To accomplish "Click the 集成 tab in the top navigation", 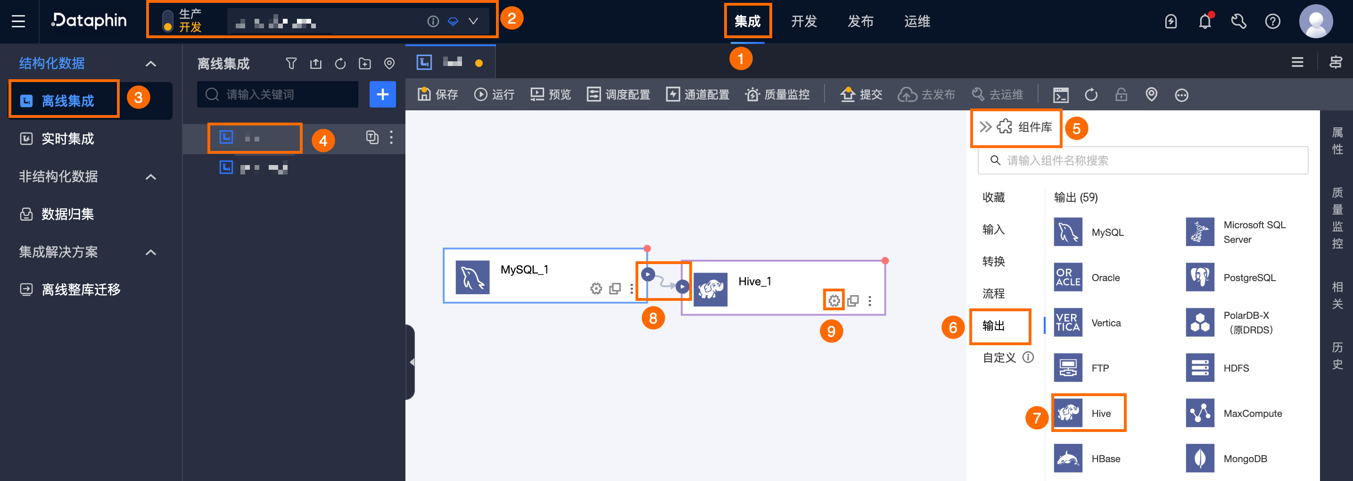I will pyautogui.click(x=747, y=21).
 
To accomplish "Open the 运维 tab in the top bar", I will pyautogui.click(x=916, y=21).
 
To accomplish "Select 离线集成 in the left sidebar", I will pyautogui.click(x=67, y=100).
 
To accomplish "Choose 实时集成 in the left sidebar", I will pyautogui.click(x=67, y=139).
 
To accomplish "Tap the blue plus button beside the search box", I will pyautogui.click(x=382, y=94).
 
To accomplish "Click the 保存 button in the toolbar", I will pyautogui.click(x=438, y=94).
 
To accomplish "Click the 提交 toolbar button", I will pyautogui.click(x=861, y=94).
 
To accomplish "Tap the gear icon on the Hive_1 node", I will pyautogui.click(x=833, y=301).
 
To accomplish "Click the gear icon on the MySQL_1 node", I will pyautogui.click(x=595, y=289).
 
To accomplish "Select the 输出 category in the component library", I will pyautogui.click(x=993, y=325).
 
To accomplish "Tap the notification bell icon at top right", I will pyautogui.click(x=1204, y=22).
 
